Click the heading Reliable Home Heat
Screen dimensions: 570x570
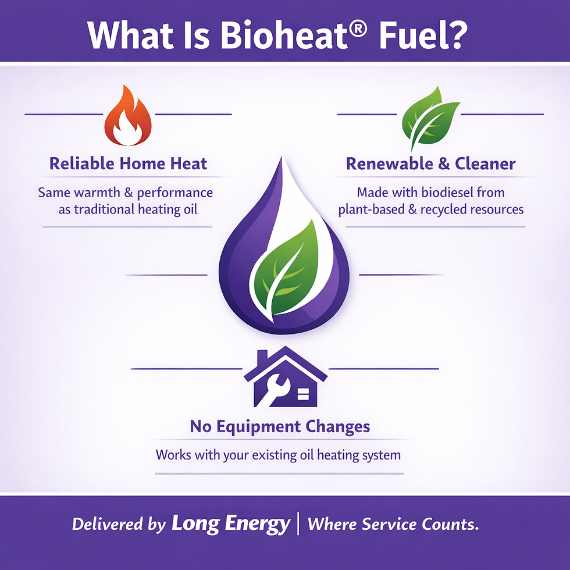coord(128,163)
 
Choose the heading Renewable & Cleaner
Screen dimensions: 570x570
coord(430,163)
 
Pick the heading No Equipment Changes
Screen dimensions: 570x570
coord(280,427)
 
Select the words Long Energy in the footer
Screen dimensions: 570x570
coord(230,524)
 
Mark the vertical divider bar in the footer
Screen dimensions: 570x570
coord(298,523)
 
